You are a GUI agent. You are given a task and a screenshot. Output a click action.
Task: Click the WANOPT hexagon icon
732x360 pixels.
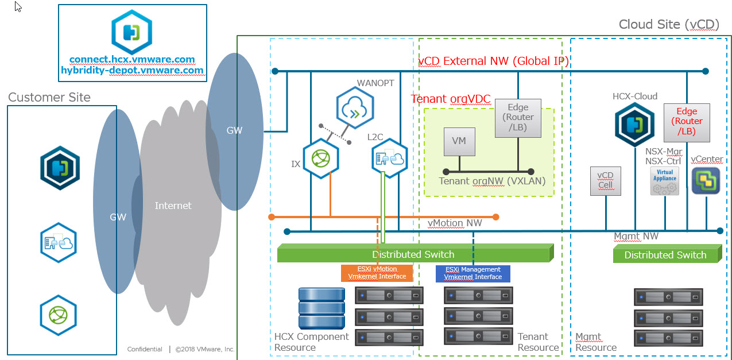tap(355, 107)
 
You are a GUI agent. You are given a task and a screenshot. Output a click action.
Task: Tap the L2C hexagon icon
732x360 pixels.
tap(389, 158)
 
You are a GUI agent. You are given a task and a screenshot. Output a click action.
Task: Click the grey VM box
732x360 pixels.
tap(459, 141)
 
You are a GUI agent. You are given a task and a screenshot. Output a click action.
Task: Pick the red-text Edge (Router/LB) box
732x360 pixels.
tap(687, 122)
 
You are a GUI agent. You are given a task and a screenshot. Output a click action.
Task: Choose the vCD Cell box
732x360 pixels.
tap(605, 180)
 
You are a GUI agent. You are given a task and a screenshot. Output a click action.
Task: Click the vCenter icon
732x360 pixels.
tap(706, 180)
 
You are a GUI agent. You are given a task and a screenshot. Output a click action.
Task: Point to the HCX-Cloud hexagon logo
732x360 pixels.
tap(634, 125)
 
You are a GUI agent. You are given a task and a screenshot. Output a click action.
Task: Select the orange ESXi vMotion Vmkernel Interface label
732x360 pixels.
tap(377, 273)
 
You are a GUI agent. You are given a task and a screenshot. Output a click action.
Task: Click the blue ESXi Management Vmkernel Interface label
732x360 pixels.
tap(472, 273)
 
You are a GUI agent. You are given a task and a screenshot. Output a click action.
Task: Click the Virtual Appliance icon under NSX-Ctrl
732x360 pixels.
tap(665, 181)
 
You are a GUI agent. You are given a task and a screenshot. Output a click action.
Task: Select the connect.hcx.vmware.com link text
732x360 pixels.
tap(132, 59)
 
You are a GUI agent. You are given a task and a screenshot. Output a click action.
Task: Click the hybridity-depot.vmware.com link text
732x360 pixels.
tap(132, 70)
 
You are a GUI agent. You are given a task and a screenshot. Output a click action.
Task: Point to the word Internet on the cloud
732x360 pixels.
tap(173, 205)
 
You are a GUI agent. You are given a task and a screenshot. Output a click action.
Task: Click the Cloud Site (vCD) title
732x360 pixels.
tap(668, 24)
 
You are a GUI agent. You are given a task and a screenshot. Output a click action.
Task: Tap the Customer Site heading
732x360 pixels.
tap(49, 97)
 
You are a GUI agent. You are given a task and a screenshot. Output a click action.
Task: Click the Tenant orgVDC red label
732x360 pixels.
tap(451, 99)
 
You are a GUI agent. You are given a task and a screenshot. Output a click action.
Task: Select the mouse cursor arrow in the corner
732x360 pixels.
tap(18, 7)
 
